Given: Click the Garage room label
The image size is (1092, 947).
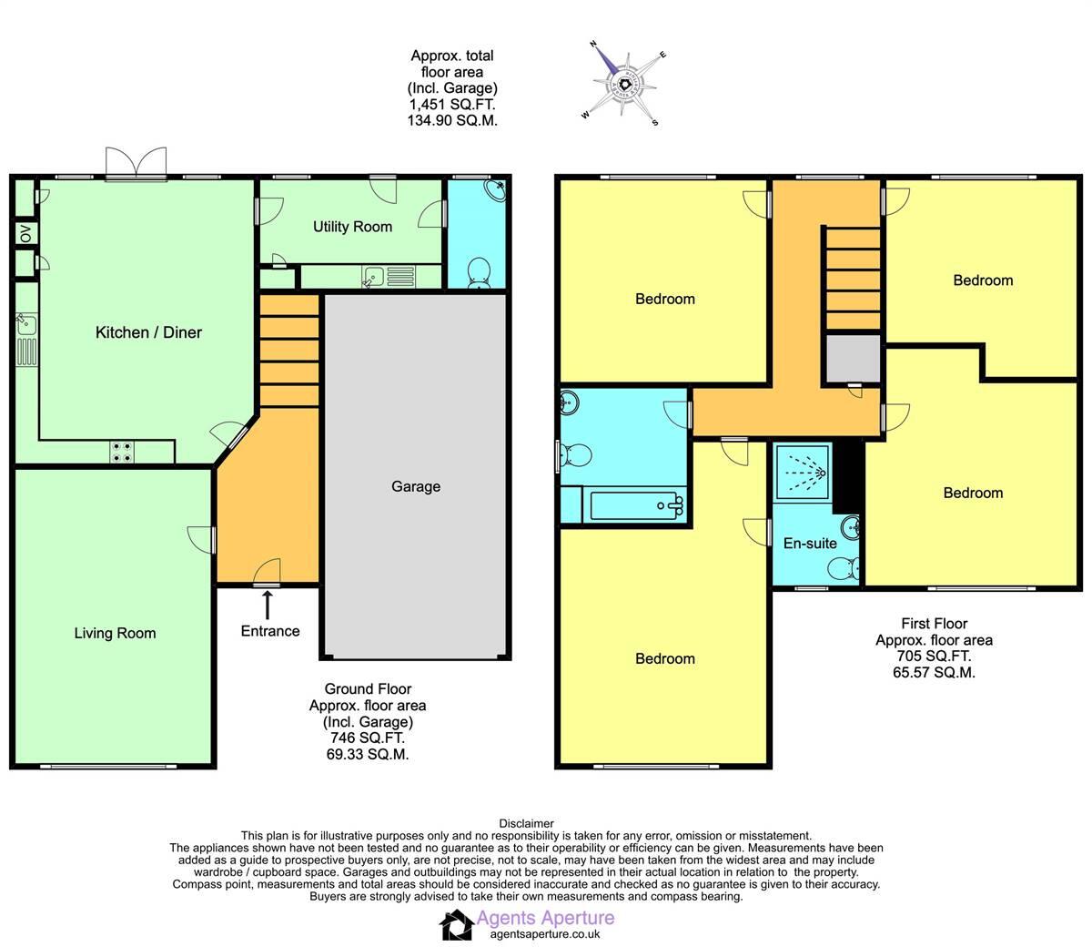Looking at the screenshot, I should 416,486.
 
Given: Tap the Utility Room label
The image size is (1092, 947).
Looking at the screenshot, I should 352,227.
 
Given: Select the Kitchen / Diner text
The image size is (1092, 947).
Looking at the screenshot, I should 148,332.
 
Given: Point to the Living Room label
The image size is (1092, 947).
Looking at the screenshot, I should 115,634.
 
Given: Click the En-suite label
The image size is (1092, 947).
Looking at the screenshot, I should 810,544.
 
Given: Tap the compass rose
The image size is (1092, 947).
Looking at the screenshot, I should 625,86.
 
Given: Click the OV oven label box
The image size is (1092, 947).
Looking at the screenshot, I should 25,233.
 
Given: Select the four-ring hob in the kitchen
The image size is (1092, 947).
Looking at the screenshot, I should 121,452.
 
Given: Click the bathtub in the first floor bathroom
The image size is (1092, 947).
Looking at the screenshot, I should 633,505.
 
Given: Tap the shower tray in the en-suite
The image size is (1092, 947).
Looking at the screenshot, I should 802,472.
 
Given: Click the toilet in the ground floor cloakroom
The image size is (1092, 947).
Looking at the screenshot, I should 479,271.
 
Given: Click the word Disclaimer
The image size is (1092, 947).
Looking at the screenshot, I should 526,823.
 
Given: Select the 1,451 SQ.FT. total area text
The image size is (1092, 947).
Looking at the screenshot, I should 452,105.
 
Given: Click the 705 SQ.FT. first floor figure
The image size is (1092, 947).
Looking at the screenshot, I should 934,657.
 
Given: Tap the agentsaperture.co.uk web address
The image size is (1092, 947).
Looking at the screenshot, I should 544,933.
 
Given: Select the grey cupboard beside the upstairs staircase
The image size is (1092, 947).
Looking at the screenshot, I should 853,359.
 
